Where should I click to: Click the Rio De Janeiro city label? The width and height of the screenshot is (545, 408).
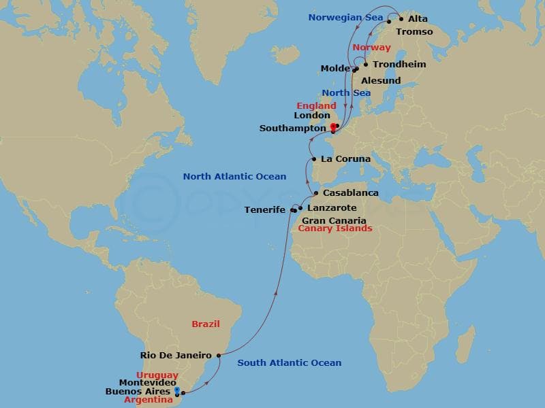(x=176, y=355)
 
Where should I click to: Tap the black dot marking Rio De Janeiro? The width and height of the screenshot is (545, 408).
(x=218, y=355)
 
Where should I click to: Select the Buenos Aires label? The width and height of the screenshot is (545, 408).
(x=138, y=391)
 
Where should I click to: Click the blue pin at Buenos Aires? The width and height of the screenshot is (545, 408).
(x=177, y=391)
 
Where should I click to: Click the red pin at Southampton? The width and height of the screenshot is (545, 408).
(x=333, y=127)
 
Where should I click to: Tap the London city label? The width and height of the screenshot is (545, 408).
(x=312, y=116)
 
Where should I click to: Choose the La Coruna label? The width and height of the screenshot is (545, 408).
(x=345, y=159)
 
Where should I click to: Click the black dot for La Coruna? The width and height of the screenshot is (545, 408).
(x=313, y=159)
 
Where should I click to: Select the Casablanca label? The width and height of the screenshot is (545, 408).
(x=350, y=193)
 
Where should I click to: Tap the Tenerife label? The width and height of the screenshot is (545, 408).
(x=265, y=210)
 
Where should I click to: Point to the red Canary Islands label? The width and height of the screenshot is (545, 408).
(x=336, y=228)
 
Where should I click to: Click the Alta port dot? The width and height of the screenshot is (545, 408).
(x=401, y=19)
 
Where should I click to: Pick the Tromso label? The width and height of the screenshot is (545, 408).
(x=414, y=31)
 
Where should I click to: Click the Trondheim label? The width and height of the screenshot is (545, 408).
(x=399, y=65)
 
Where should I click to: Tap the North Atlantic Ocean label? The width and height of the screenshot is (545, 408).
(x=234, y=177)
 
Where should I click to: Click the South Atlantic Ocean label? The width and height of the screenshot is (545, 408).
(x=289, y=362)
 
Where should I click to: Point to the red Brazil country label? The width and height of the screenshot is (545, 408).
(x=205, y=324)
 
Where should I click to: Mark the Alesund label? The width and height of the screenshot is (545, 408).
(x=381, y=80)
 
